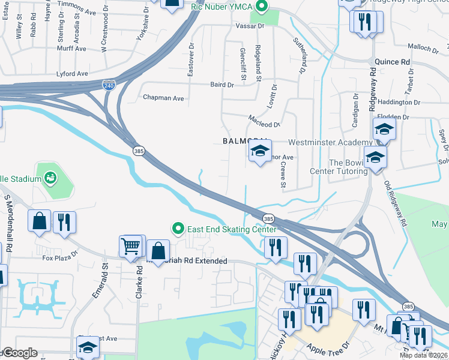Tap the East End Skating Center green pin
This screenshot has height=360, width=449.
178,229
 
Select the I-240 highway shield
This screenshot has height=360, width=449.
109,85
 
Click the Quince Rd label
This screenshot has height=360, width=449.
392,62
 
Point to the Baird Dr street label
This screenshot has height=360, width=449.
221,85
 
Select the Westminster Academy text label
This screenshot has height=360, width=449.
330,142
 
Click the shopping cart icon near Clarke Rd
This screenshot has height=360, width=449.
130,245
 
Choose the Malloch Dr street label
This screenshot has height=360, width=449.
424,46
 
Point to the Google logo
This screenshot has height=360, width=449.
20,353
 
